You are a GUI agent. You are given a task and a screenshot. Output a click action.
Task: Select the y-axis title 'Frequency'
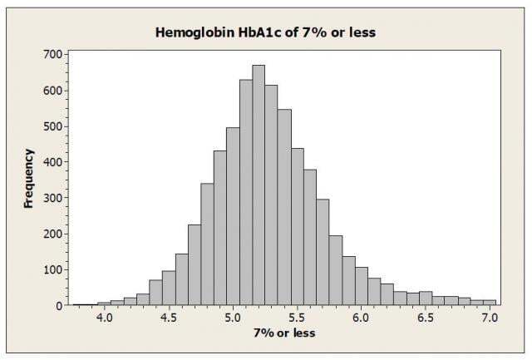(28, 178)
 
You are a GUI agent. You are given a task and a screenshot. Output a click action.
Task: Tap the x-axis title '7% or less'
(284, 334)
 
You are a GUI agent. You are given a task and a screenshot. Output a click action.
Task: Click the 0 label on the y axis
(59, 306)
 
